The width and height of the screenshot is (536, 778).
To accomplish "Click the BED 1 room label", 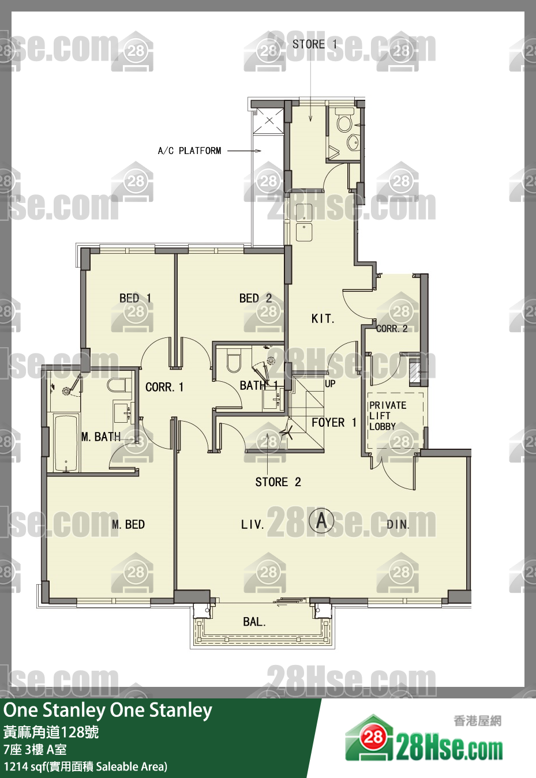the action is [135, 298].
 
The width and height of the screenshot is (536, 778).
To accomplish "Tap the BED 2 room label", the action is [256, 298].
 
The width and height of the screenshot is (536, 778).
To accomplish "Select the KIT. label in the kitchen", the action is [323, 318].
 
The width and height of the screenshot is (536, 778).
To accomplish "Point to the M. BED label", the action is [128, 524].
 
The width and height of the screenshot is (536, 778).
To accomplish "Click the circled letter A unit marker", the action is [322, 520].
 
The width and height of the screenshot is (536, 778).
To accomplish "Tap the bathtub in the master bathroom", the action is [66, 442].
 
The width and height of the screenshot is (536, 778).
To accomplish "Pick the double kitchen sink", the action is [304, 222].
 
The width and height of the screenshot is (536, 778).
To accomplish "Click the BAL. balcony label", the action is [254, 622].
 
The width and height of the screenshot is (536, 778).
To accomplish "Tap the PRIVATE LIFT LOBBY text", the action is [388, 416].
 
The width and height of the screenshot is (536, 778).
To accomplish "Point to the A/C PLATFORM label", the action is [189, 151].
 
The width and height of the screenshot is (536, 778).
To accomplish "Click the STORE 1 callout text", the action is [314, 44].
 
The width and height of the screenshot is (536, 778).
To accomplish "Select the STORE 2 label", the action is [278, 482].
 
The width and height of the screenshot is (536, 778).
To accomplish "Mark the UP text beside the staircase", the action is [330, 384].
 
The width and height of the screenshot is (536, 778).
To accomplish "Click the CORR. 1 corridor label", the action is [164, 387].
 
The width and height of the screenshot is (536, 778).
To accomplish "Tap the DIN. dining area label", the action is [398, 524].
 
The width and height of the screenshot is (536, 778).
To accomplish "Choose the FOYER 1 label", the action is [334, 422].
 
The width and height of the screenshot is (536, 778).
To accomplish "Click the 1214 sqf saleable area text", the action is [85, 766].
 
